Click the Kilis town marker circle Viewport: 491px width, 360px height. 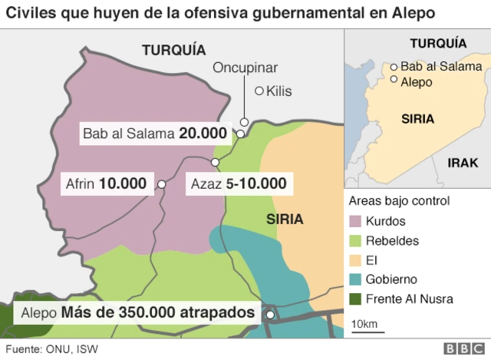point(259,91)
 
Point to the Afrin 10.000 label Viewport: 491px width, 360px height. point(106,184)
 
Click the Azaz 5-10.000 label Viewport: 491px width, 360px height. point(236,184)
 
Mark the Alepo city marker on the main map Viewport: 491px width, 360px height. point(271,314)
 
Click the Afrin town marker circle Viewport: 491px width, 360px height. point(162,184)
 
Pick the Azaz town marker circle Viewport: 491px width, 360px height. point(216,162)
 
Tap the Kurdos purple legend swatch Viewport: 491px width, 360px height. point(355,221)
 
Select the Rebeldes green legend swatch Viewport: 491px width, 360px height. point(355,240)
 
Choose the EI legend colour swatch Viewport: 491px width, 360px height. point(355,259)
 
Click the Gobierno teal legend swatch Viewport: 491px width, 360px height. point(355,279)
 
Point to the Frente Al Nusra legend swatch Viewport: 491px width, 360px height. point(355,299)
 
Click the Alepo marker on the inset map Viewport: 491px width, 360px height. point(394,79)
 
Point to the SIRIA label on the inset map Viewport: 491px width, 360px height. point(418,119)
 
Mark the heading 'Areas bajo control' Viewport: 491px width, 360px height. point(399,201)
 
